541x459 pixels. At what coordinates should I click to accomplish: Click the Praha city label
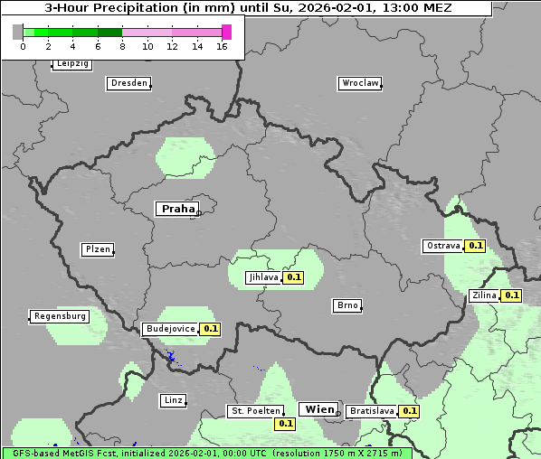point(177,209)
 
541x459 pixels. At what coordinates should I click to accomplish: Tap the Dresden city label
point(128,83)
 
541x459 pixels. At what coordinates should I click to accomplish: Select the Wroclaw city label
point(359,83)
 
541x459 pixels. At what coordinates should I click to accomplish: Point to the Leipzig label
point(71,63)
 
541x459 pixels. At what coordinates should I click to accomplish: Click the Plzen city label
point(97,249)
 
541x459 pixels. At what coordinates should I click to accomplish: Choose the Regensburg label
point(60,316)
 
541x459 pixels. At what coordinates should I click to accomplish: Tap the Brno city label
point(347,305)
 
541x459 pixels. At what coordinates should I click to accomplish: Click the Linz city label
point(173,399)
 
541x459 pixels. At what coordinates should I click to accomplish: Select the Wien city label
point(319,409)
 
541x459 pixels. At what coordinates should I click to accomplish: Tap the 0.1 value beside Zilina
point(512,295)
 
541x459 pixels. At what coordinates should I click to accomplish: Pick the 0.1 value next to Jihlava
point(293,277)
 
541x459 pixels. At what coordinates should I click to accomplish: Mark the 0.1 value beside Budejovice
point(211,329)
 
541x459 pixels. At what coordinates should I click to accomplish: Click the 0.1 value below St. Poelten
point(286,423)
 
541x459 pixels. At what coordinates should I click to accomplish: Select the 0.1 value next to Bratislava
point(410,411)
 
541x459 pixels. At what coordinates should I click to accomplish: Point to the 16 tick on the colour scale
point(222,46)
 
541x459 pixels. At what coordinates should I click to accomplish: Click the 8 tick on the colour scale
point(122,46)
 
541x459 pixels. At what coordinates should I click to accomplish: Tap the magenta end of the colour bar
point(226,32)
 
